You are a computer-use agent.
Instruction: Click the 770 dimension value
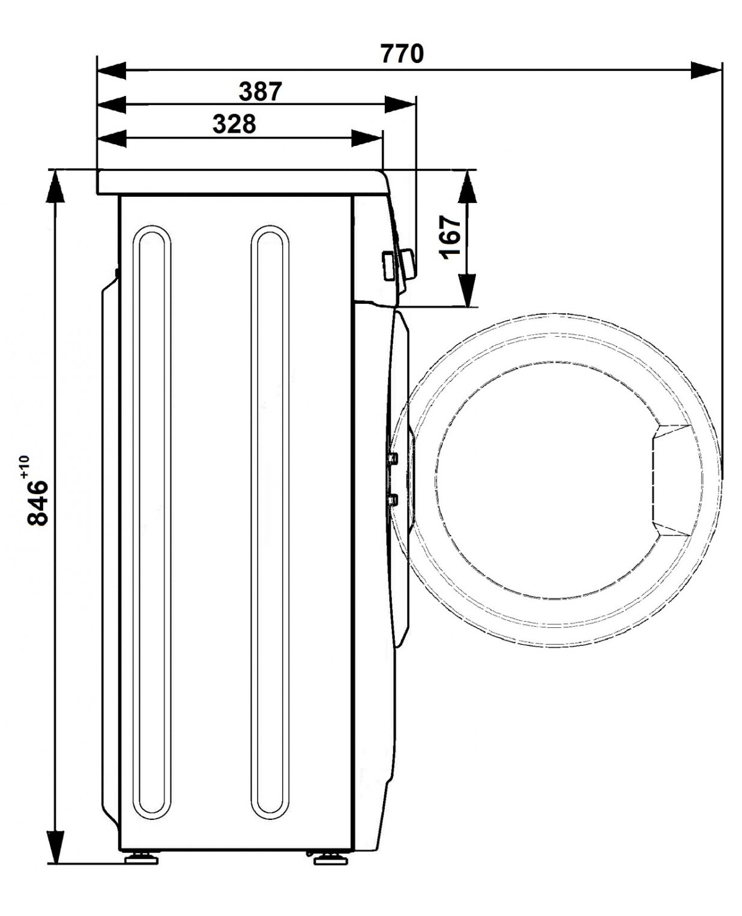pos(402,53)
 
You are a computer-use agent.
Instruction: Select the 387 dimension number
pos(260,92)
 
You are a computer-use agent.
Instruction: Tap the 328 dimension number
pos(234,124)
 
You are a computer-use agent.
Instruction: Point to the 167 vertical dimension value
pos(450,238)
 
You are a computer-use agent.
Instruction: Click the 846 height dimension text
pos(37,503)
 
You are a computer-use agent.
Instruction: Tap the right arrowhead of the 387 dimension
pos(400,104)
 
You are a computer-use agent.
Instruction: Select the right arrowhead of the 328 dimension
pos(366,138)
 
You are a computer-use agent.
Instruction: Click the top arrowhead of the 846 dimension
pos(55,186)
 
